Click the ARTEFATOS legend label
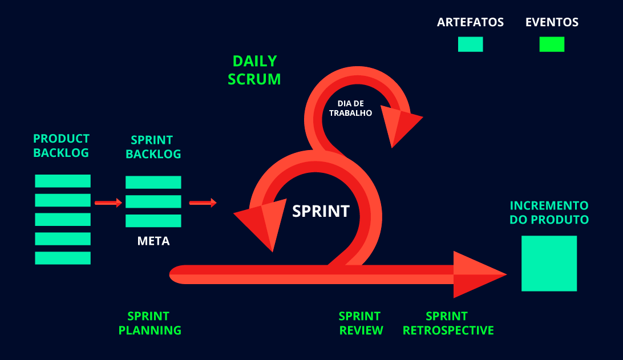(470, 23)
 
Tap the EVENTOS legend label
(552, 23)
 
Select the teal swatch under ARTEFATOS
(470, 45)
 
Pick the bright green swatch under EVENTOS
(552, 45)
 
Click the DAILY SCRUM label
(254, 70)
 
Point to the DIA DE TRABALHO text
(351, 108)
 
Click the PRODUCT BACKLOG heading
(62, 145)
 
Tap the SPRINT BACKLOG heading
(153, 147)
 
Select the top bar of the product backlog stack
(63, 181)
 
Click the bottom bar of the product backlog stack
(63, 258)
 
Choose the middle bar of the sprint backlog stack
(153, 201)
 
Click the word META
(153, 241)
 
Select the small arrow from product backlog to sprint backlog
(108, 203)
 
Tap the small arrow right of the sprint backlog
(203, 203)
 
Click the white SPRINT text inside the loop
(321, 211)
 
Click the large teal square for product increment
(549, 264)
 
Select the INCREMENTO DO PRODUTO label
(549, 212)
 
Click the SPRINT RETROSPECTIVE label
(448, 323)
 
